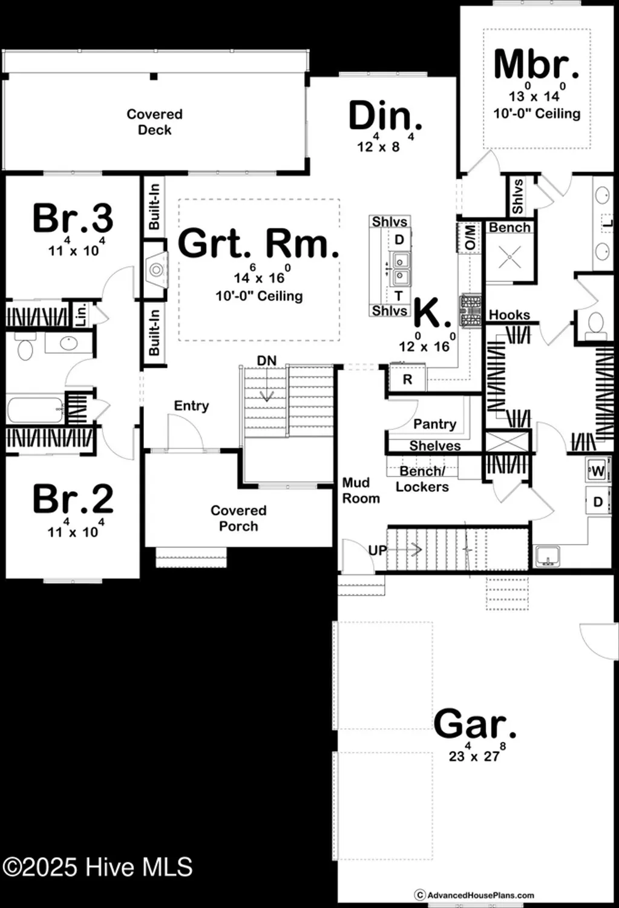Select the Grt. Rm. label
tap(258, 243)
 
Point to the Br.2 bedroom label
tap(73, 499)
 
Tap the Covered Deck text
tap(154, 122)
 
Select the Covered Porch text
tap(238, 518)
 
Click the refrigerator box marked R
tap(407, 380)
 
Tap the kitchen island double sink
tap(399, 269)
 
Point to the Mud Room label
tap(361, 490)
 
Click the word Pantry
tap(434, 424)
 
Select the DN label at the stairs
tap(266, 361)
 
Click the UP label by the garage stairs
tap(378, 550)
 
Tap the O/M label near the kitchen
tap(470, 237)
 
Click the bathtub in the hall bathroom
tap(35, 409)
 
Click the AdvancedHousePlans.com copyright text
tap(475, 895)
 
